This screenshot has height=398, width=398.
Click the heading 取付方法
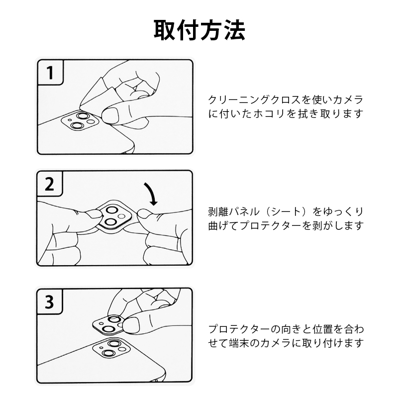pyautogui.click(x=199, y=30)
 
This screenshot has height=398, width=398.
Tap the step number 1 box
pyautogui.click(x=50, y=73)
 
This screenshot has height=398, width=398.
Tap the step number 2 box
pyautogui.click(x=50, y=184)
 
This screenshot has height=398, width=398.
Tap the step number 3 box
pyautogui.click(x=50, y=301)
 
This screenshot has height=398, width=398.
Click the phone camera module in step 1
pyautogui.click(x=80, y=121)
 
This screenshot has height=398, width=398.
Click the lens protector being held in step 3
pyautogui.click(x=108, y=325)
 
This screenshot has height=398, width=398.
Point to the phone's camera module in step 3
pyautogui.click(x=111, y=348)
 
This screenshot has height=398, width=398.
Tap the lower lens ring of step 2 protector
pyautogui.click(x=110, y=222)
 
